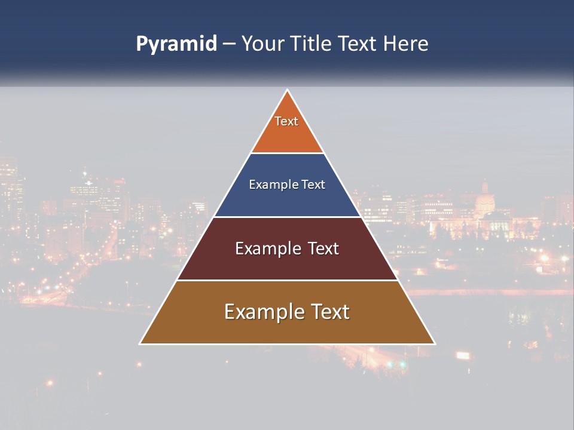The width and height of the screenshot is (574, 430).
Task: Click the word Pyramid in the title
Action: point(176,44)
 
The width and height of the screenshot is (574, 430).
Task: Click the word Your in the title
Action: point(262,44)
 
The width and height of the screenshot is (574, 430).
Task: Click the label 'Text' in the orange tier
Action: point(286,121)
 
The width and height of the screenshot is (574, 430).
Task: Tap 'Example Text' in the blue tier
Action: point(287,185)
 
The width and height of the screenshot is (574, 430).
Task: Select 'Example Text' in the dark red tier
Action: point(287,248)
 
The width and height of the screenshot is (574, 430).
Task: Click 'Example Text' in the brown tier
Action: point(287,312)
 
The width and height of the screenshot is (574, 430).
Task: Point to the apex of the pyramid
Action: point(288,91)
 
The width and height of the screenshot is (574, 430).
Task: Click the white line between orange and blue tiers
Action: point(287,153)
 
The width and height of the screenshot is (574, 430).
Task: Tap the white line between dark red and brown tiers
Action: point(287,280)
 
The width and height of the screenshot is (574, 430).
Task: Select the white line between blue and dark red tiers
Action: point(287,217)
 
